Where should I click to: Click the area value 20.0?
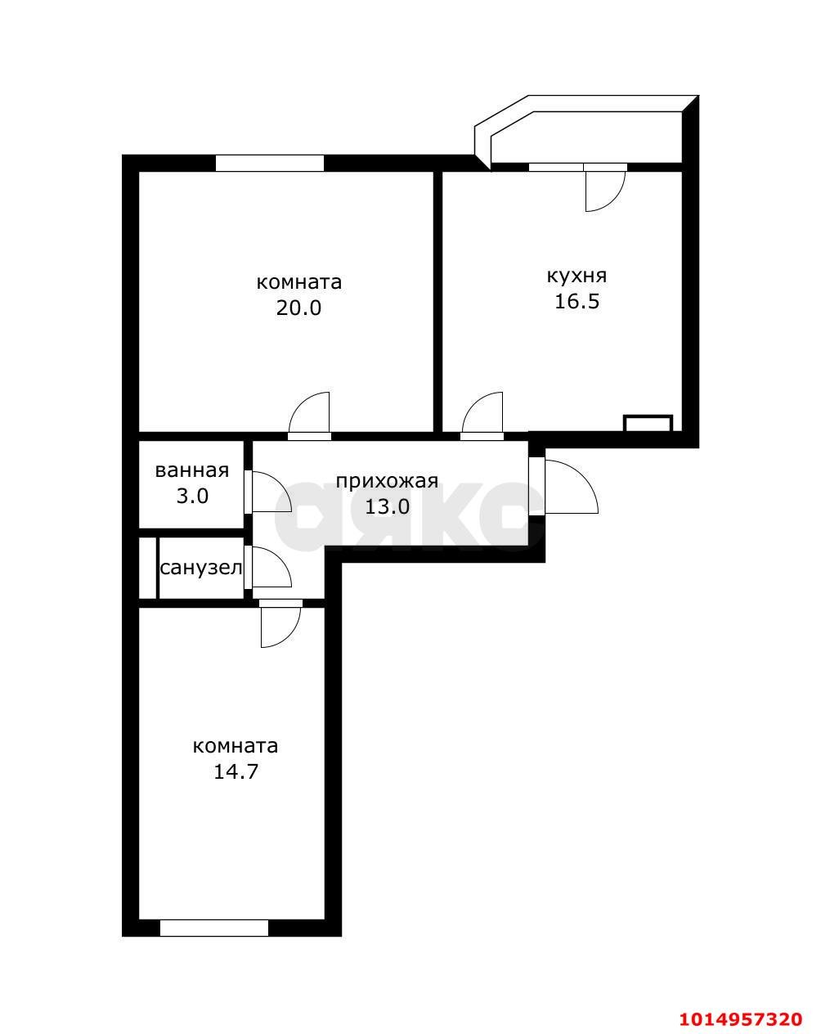pos(299,308)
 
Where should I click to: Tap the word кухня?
pos(576,275)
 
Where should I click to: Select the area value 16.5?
pos(576,301)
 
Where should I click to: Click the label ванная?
pos(191,470)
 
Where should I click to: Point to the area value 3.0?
pos(191,496)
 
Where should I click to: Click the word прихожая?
pos(387,481)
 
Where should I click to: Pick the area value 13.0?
pos(387,506)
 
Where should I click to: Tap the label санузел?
pos(201,568)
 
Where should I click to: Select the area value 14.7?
pos(236,771)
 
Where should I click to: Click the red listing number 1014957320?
pos(741,1018)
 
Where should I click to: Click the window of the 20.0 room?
pos(269,163)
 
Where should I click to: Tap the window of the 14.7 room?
pos(214,928)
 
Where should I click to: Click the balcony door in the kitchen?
pos(603,189)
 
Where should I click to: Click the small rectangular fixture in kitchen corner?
pos(648,423)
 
